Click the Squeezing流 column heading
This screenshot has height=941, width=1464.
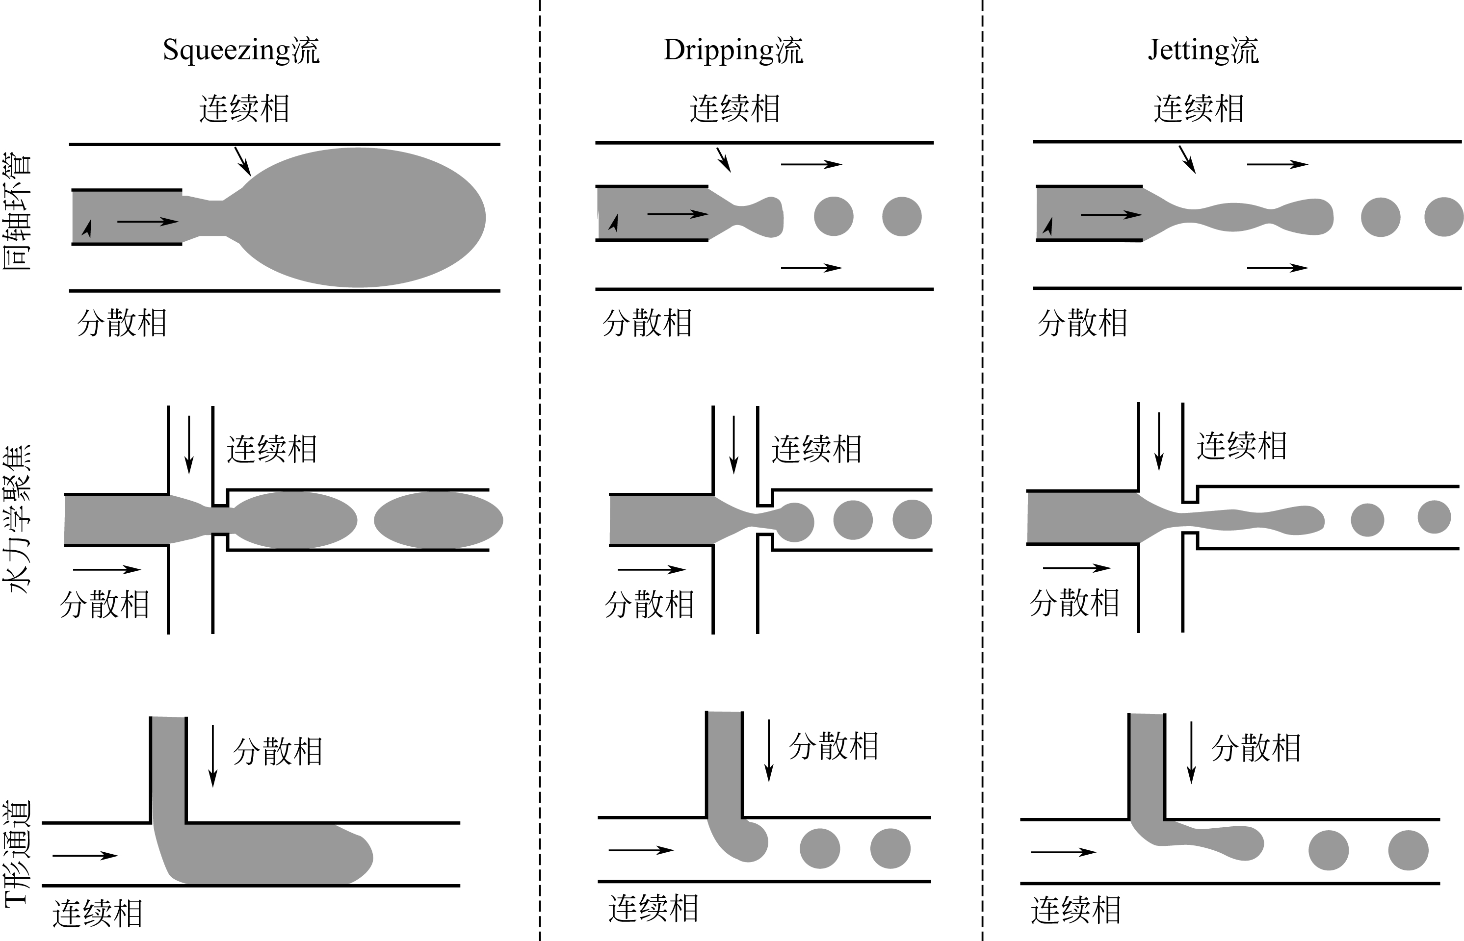pos(241,50)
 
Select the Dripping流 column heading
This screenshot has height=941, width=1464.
pos(733,50)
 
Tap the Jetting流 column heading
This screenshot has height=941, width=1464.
pos(1203,50)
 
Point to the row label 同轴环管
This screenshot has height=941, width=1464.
pos(17,212)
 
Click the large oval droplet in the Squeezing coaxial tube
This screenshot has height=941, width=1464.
pos(361,218)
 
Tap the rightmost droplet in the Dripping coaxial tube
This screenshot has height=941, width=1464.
pos(902,216)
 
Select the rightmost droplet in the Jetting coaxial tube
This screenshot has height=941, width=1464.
pos(1443,217)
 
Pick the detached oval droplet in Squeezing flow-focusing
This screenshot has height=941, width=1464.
pos(438,520)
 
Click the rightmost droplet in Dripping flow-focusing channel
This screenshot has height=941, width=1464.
pos(912,519)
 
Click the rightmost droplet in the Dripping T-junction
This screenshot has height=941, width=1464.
pos(890,848)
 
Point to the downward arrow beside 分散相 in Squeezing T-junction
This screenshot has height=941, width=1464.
pos(213,756)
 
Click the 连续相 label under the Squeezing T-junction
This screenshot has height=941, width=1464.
pos(98,914)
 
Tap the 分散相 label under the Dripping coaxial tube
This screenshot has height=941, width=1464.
pos(647,323)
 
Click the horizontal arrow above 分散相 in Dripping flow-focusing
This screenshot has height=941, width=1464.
pos(652,569)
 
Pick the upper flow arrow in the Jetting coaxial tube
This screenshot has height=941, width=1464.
pos(1277,164)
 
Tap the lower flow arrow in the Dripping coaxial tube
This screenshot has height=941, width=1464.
pos(811,268)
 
